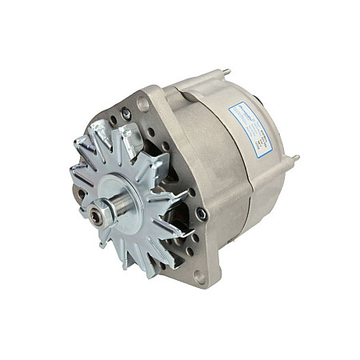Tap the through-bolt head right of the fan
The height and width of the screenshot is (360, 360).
(202, 214)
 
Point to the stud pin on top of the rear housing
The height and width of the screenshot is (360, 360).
(226, 73)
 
